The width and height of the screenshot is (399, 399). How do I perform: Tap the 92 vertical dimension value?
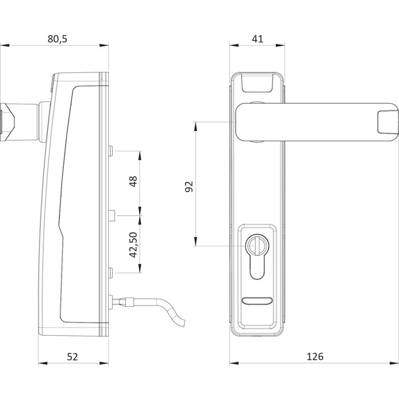pyautogui.click(x=190, y=186)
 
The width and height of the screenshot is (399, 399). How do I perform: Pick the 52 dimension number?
pyautogui.click(x=72, y=356)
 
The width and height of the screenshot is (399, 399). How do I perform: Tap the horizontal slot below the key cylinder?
pyautogui.click(x=256, y=300)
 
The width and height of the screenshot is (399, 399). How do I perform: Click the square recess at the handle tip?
pyautogui.click(x=385, y=121)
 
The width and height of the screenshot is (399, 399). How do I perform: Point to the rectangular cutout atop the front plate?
pyautogui.click(x=256, y=83)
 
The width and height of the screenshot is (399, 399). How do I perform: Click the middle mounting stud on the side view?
pyautogui.click(x=112, y=215)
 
